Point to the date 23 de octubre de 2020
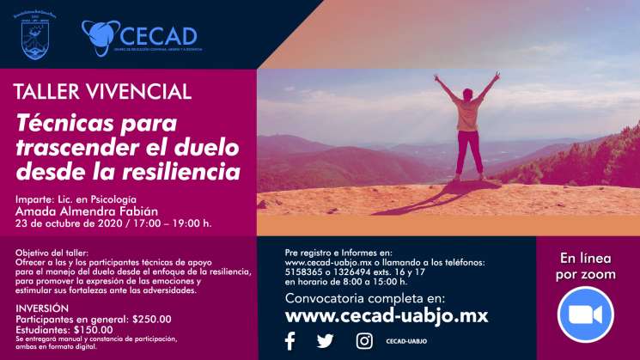70,224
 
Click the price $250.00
152,319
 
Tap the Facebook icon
290,341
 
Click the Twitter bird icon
325,341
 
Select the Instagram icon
364,341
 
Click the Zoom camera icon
585,314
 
